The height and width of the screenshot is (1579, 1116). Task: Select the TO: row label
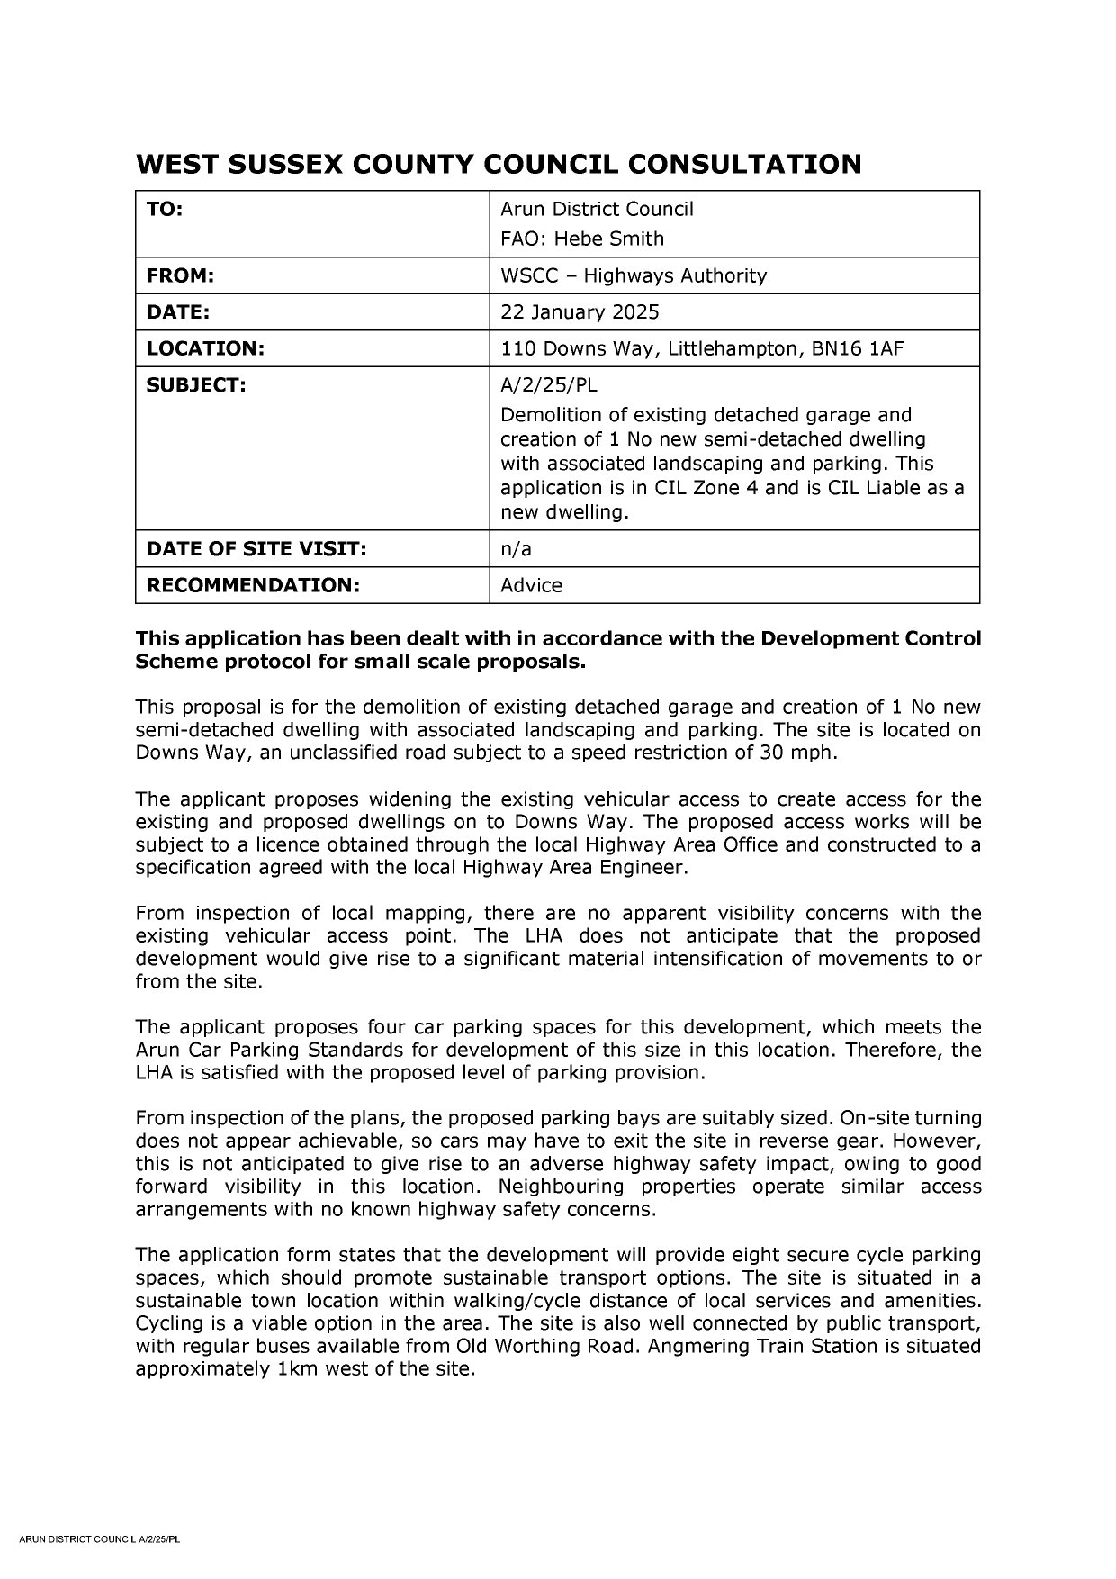[x=165, y=209]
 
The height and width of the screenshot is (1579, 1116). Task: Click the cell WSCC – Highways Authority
[x=634, y=275]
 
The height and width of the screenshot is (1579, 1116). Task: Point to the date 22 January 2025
[x=580, y=312]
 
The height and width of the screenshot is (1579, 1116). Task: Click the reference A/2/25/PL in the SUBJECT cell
[x=548, y=385]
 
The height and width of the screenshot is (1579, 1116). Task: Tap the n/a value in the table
[x=516, y=548]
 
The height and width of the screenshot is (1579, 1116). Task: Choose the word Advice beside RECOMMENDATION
[x=531, y=585]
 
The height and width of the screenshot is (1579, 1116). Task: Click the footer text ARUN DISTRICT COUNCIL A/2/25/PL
[x=100, y=1565]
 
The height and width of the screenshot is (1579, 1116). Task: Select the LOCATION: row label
[x=205, y=348]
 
